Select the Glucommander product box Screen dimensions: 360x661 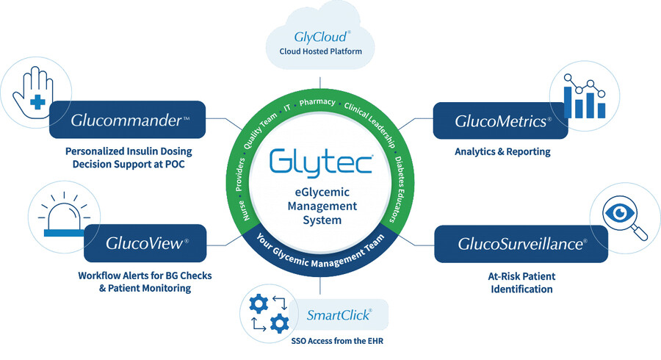(137, 120)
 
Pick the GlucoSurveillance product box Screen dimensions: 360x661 (521, 243)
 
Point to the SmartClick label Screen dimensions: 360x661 (339, 316)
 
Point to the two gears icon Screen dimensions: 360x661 (264, 314)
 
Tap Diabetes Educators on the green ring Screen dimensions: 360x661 (403, 177)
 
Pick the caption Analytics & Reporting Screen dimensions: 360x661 (502, 152)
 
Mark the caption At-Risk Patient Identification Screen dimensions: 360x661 (521, 283)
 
